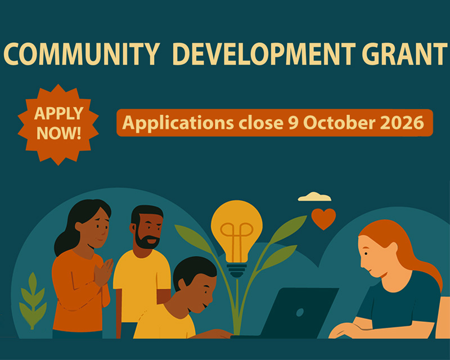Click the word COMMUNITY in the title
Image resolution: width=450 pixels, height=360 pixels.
click(82, 54)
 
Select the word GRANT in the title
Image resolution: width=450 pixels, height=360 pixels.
click(404, 54)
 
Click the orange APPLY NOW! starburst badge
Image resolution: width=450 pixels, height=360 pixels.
click(58, 124)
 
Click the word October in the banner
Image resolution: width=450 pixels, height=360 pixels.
click(339, 123)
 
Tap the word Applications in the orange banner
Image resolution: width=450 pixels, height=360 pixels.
click(178, 123)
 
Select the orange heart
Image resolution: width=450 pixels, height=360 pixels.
click(323, 218)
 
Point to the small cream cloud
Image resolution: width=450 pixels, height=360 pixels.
click(314, 197)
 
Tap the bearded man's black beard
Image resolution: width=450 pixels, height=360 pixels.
click(147, 242)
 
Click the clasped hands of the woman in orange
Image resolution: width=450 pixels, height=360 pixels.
click(103, 272)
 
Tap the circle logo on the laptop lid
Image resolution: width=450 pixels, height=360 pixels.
click(300, 312)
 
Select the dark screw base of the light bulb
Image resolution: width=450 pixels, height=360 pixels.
click(237, 270)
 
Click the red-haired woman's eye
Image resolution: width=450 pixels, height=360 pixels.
click(366, 254)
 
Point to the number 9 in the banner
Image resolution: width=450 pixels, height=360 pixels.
click(293, 123)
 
